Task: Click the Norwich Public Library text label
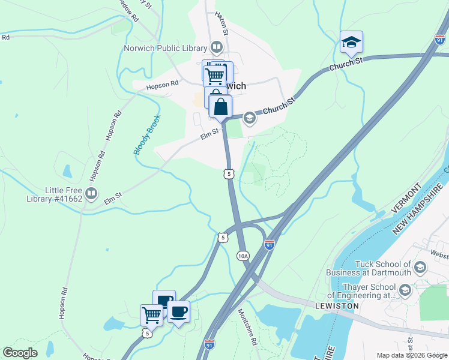[164, 49]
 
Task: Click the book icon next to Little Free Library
[91, 193]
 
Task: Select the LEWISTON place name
[337, 305]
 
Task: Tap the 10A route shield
[243, 256]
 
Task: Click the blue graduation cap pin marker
[351, 43]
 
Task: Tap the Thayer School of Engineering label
[362, 291]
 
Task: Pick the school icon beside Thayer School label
[405, 291]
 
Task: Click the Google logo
[20, 353]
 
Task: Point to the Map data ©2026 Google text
[412, 355]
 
